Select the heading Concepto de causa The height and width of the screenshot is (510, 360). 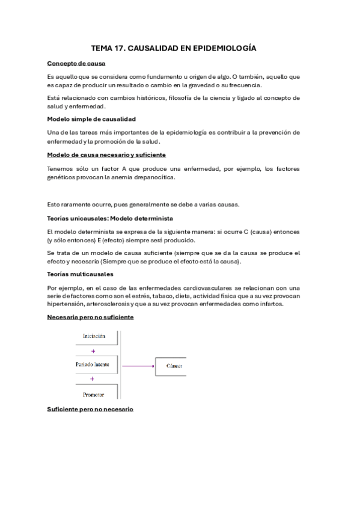pyautogui.click(x=76, y=63)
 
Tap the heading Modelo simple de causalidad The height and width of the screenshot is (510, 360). pyautogui.click(x=91, y=119)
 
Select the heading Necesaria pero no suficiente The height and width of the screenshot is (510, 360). pyautogui.click(x=90, y=316)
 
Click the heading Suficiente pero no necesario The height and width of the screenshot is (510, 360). pyautogui.click(x=90, y=409)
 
